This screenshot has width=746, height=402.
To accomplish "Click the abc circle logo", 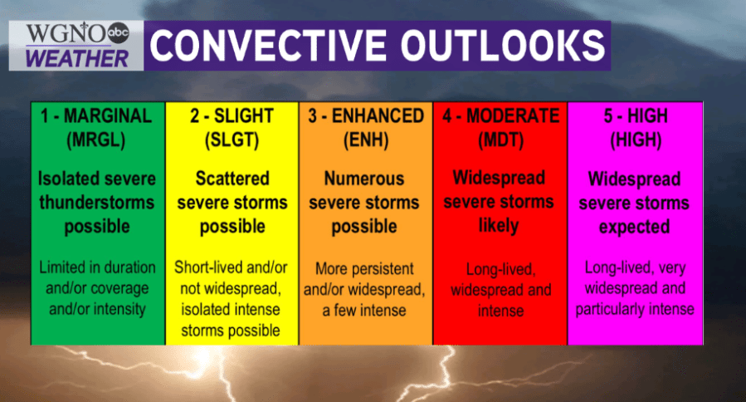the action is (118, 33).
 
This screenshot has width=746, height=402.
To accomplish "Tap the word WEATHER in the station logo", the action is (77, 59).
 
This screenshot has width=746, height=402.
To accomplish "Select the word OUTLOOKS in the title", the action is (502, 46).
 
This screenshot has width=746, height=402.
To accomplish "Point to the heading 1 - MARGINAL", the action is (96, 115).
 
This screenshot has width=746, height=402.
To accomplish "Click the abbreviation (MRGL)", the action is (96, 140).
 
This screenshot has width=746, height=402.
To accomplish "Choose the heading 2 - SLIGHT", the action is (232, 115).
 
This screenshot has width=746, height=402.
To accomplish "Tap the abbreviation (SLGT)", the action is (232, 140).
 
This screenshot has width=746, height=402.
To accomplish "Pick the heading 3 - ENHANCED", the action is (365, 115).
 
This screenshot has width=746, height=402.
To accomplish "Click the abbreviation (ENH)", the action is (366, 140).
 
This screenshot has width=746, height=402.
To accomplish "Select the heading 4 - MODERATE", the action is (501, 115).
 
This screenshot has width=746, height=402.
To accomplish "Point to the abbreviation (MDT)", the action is (500, 140).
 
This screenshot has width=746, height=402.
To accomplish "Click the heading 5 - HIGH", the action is (636, 115).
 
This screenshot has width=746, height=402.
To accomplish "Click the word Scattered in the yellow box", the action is (232, 179).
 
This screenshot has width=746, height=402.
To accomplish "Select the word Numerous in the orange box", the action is (364, 179).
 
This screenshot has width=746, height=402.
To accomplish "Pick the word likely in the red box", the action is (499, 226).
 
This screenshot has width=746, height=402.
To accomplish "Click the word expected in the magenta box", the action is (634, 228).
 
